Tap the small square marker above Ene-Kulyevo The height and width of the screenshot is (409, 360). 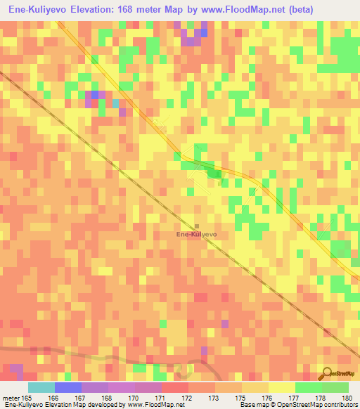(x=197, y=226)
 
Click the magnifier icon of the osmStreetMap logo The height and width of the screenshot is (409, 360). (x=328, y=373)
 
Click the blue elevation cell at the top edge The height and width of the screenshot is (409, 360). (x=204, y=32)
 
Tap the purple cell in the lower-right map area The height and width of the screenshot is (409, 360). (x=225, y=324)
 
